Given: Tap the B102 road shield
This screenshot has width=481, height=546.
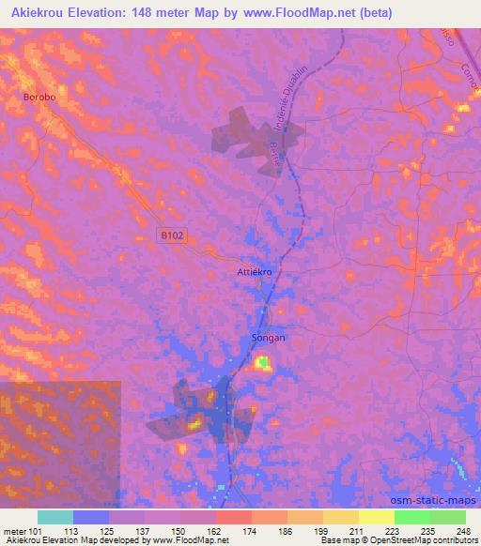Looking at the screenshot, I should [x=169, y=237].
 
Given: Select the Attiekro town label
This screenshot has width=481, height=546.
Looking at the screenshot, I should [x=254, y=272].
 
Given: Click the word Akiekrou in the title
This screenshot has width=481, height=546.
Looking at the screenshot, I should [x=43, y=13].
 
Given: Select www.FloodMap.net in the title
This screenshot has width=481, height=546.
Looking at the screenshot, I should [x=294, y=13].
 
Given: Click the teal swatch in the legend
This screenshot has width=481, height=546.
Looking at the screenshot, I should [x=55, y=517].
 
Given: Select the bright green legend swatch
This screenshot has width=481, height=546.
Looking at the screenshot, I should [x=411, y=517].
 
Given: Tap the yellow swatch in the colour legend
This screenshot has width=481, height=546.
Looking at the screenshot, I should [x=376, y=517].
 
